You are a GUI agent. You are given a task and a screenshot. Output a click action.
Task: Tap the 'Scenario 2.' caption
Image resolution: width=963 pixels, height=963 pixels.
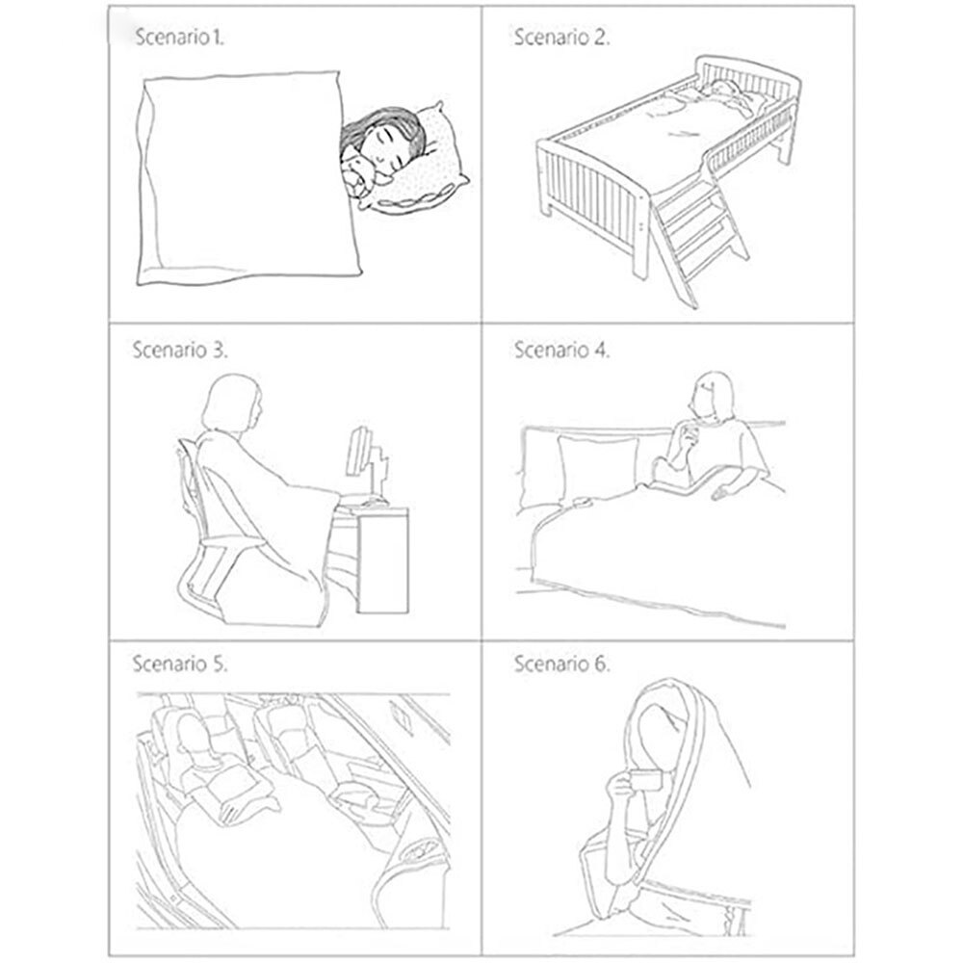coord(561,39)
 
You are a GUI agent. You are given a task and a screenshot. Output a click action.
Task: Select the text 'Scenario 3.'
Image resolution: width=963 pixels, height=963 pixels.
coord(179,350)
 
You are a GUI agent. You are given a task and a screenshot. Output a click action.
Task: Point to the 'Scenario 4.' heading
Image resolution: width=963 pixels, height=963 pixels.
coord(562,350)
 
